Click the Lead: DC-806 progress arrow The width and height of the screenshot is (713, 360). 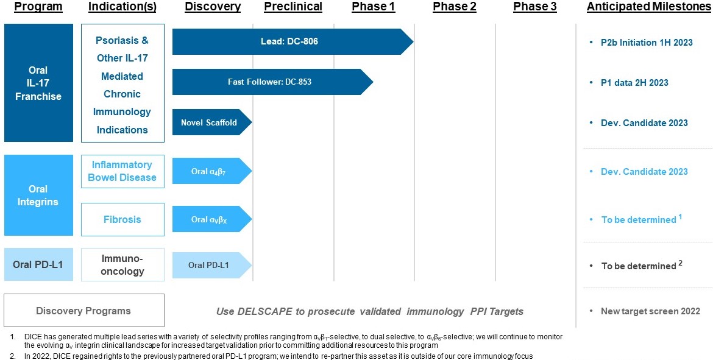(x=286, y=41)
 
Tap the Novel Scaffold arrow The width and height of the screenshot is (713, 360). (x=209, y=122)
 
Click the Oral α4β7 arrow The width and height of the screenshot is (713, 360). (x=209, y=171)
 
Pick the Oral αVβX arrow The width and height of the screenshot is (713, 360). (x=209, y=219)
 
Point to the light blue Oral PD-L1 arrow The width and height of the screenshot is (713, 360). (x=209, y=265)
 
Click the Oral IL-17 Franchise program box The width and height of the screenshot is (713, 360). (x=38, y=83)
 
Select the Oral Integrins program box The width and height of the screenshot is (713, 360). (x=38, y=195)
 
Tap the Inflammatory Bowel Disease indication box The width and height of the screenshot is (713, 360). (x=122, y=171)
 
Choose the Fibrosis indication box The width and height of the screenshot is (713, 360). (x=122, y=219)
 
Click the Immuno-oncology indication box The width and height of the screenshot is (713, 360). (x=122, y=265)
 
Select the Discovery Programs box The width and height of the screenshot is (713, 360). (x=83, y=311)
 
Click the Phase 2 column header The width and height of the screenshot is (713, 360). (x=454, y=7)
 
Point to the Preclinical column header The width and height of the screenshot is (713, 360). (x=293, y=7)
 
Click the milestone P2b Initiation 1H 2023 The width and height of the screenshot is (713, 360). (x=646, y=43)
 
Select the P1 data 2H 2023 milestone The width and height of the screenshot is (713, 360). (x=634, y=83)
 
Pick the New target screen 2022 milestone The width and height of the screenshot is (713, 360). (x=650, y=311)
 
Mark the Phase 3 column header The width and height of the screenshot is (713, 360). (x=534, y=7)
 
